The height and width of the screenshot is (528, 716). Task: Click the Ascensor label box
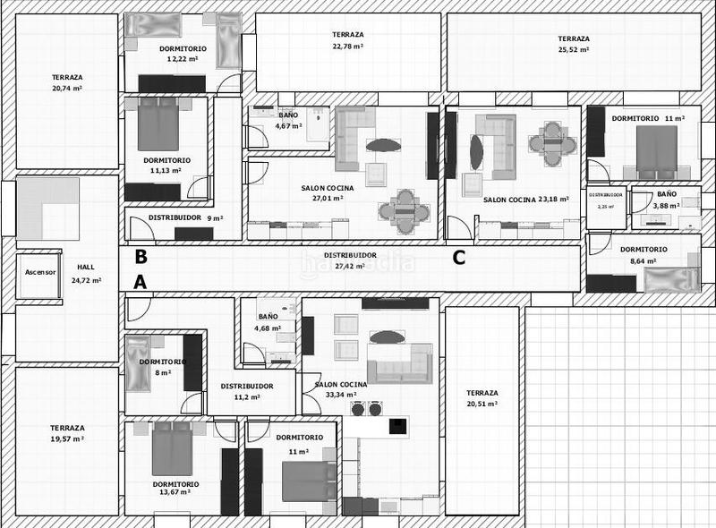pos(39,272)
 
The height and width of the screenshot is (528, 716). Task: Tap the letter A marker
pos(140,283)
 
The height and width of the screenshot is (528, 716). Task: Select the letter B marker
pos(140,256)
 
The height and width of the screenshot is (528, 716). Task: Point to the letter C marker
pos(458,258)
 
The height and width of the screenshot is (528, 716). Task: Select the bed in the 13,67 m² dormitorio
pos(173,449)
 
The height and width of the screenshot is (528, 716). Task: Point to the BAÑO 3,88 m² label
pos(666,200)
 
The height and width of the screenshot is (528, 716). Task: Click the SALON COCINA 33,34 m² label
pos(341,389)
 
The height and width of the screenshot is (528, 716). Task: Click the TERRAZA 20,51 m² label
pos(482,398)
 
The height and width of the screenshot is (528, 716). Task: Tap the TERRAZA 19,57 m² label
pos(67,433)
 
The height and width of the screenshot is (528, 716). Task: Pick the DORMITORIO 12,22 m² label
pos(183,54)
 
